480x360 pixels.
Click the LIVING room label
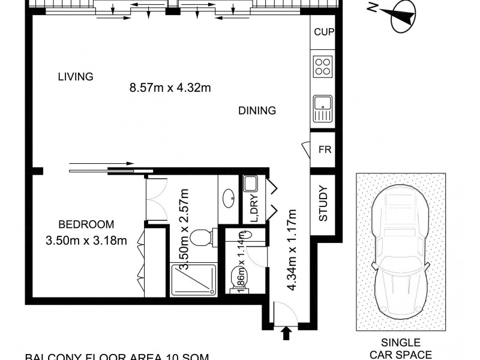point(76,77)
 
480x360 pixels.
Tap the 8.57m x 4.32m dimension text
point(170,88)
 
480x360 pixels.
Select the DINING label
point(257,110)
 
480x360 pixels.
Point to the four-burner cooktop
point(323,66)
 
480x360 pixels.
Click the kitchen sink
point(323,108)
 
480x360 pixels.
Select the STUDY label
point(323,205)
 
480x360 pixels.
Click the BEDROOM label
point(86,225)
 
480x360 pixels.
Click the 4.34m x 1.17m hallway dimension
point(292,249)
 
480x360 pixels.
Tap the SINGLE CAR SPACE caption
point(401,350)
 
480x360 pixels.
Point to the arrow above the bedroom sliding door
point(102,162)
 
